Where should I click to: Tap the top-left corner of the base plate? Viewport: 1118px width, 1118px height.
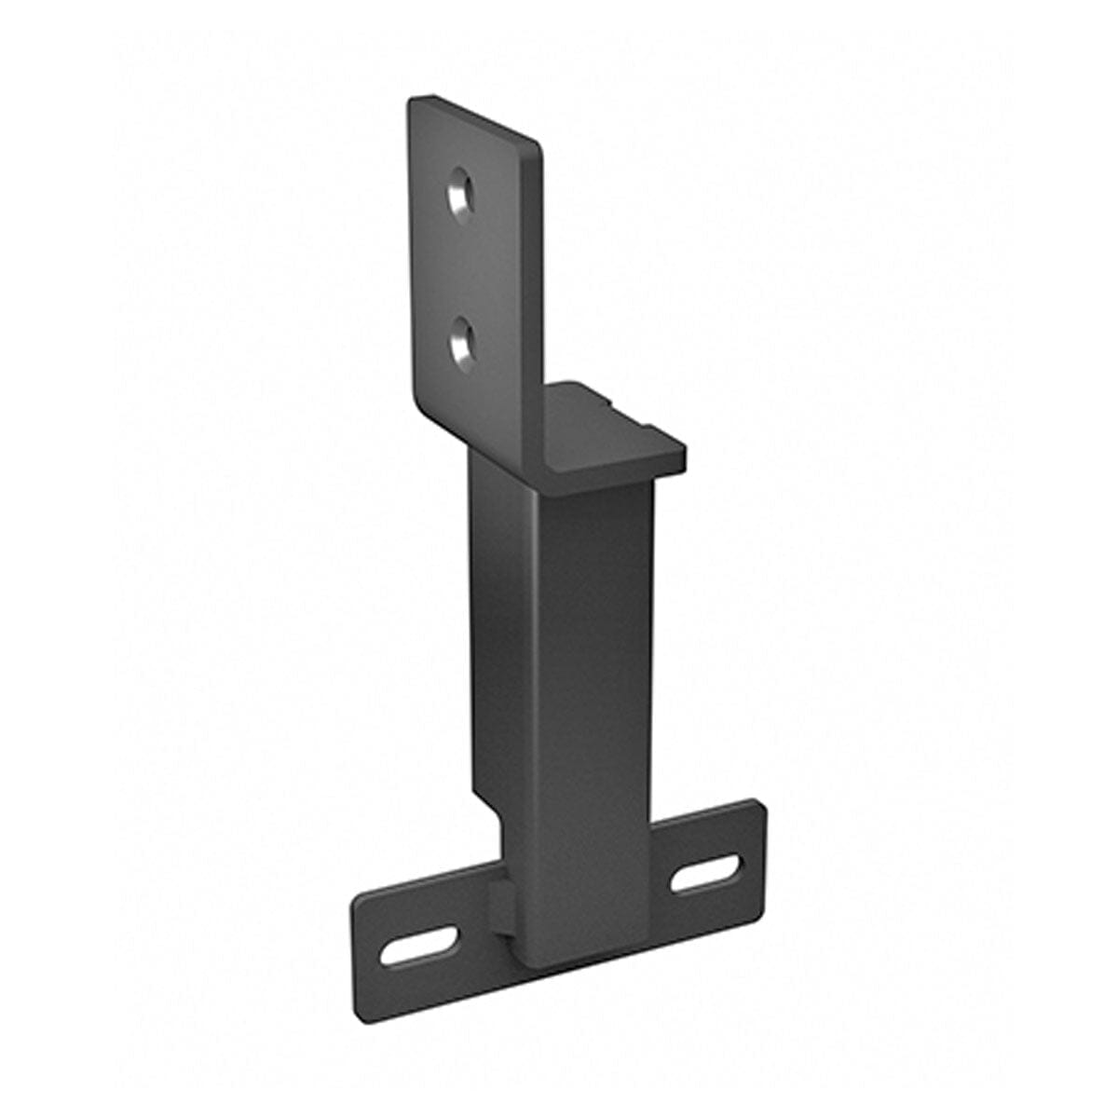pos(359,900)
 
